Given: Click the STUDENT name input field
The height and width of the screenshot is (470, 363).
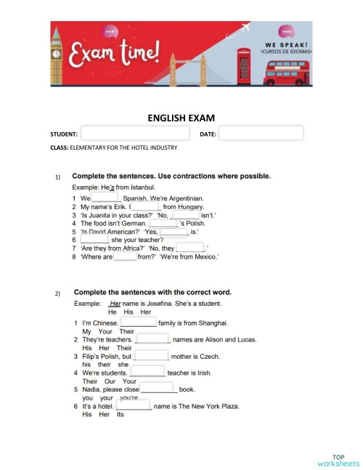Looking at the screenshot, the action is point(135,134).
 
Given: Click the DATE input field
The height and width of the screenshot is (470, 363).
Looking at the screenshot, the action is point(260,134).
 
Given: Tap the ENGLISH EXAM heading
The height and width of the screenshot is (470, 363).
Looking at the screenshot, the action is point(181,117).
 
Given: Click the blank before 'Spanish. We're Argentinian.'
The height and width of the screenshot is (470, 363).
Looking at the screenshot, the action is point(105,198).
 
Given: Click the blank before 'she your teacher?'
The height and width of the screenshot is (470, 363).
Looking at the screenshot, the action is point(94,239).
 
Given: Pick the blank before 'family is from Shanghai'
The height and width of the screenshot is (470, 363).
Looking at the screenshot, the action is point(138,323).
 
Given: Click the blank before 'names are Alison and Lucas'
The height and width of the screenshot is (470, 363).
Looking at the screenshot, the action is point(152,339).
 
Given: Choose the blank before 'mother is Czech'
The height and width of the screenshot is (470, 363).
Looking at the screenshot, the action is point(151,357).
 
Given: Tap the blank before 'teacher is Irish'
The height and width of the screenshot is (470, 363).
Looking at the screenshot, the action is point(147,373).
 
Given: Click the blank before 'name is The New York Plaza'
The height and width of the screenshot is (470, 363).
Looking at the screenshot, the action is point(133,406).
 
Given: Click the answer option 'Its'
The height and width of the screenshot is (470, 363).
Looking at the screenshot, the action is point(121,415).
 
